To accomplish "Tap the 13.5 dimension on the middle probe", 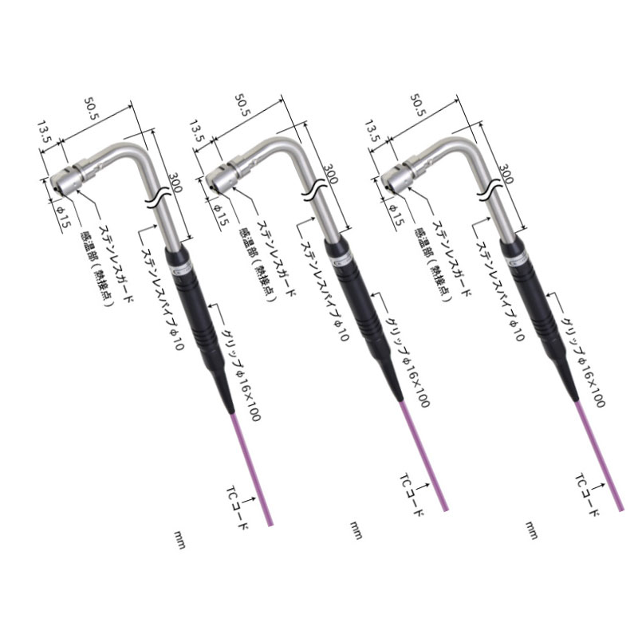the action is [199, 131].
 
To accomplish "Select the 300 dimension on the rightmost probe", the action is [506, 174].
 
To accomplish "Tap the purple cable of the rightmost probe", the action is [601, 454].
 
